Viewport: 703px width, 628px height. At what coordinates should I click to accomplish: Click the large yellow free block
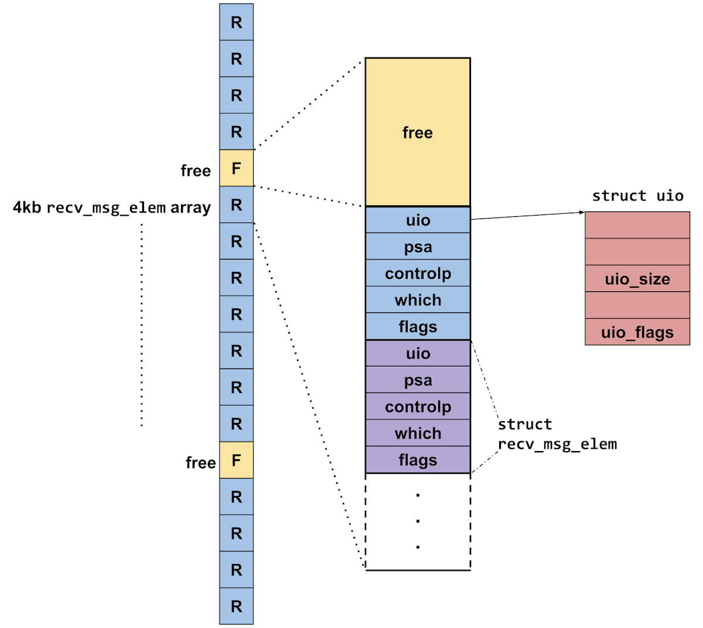(418, 132)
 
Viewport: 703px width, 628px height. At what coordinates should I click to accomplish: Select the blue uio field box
(418, 220)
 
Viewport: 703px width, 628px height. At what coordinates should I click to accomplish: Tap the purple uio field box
(418, 353)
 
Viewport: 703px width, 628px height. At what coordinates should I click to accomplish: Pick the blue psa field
(418, 247)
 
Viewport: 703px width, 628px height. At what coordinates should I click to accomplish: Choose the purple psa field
(418, 380)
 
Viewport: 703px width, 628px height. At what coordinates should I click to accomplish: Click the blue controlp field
(418, 274)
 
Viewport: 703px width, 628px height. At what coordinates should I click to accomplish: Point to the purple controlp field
(418, 407)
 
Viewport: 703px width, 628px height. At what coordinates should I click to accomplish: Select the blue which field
(418, 300)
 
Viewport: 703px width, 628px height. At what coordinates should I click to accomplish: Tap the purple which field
(418, 434)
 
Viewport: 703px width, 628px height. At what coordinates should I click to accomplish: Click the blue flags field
(418, 326)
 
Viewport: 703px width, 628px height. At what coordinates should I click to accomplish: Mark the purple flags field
(418, 460)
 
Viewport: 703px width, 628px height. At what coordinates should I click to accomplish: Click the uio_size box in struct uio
(637, 279)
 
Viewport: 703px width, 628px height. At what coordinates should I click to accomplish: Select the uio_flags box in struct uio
(637, 332)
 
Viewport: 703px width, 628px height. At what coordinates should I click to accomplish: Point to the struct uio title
(637, 196)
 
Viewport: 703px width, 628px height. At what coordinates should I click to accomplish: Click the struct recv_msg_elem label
(557, 434)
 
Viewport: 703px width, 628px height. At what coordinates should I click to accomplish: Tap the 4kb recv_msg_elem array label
(112, 207)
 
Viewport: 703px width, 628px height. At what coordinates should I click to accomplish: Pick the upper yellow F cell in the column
(237, 169)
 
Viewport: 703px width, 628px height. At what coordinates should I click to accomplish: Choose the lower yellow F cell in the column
(237, 460)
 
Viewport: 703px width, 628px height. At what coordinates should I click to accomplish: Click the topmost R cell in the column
(237, 22)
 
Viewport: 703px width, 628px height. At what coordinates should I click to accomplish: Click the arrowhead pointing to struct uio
(582, 212)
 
